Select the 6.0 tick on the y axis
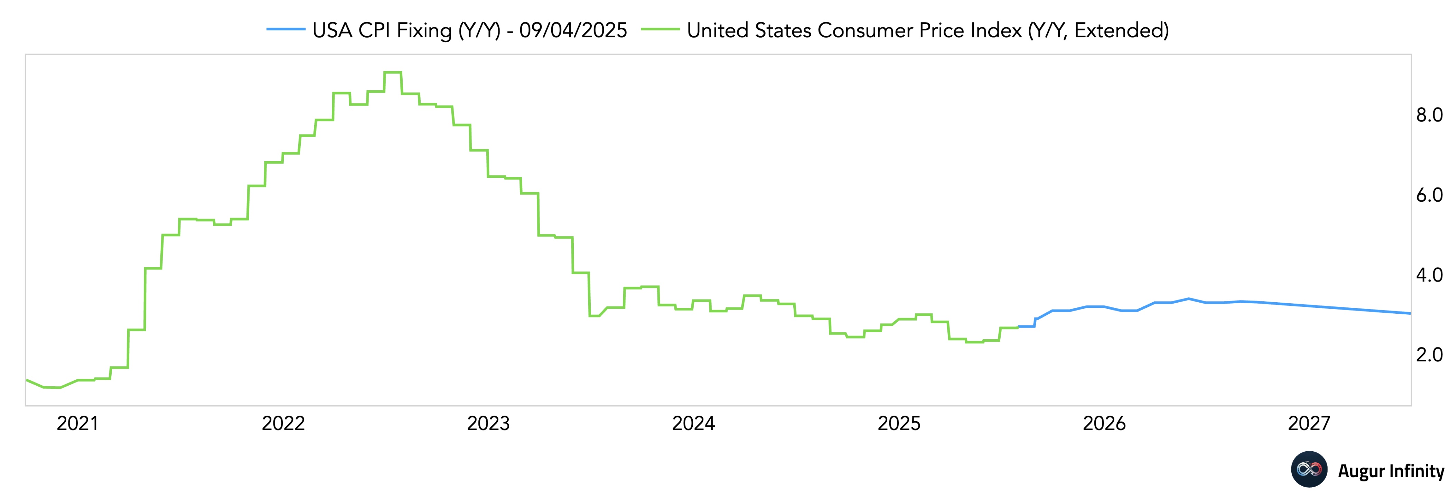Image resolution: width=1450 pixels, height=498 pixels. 1429,195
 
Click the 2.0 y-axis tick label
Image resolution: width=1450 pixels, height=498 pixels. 1429,355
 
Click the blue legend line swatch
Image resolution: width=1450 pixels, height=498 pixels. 286,30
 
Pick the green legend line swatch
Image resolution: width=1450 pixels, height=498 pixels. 660,30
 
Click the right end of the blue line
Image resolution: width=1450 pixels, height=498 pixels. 1410,313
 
